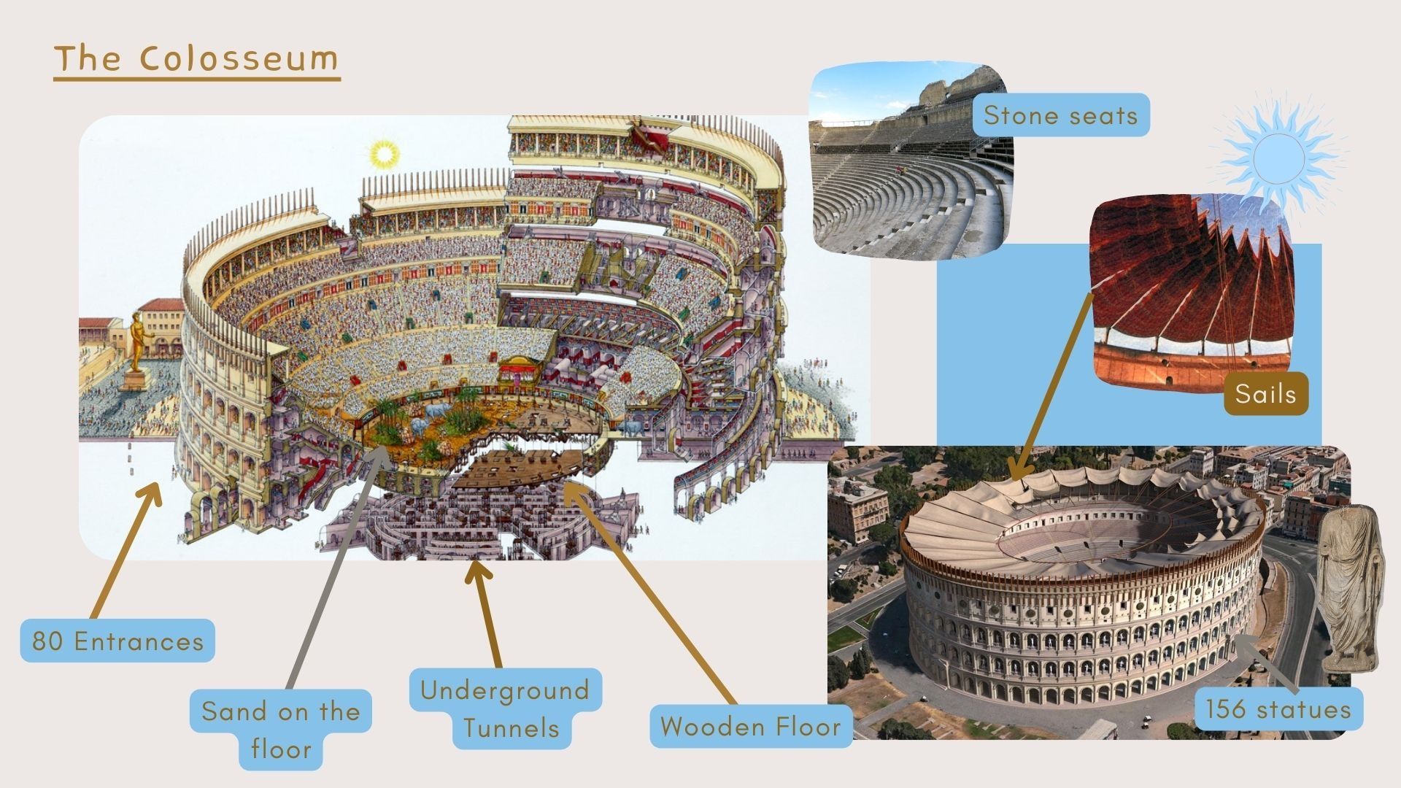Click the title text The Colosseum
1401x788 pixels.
[x=197, y=58]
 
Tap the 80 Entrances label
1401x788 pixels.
[x=117, y=641]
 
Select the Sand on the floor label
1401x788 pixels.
[x=281, y=730]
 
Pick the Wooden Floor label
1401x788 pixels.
[x=750, y=727]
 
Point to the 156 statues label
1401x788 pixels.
[x=1278, y=709]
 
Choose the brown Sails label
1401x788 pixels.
[x=1265, y=394]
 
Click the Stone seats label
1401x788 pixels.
[x=1060, y=115]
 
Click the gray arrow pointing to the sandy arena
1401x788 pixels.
[x=336, y=569]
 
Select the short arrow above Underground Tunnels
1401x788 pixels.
[x=485, y=613]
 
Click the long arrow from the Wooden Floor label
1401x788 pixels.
[x=649, y=591]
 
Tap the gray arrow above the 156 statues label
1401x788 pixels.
[x=1266, y=664]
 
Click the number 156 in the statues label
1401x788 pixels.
[x=1226, y=709]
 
